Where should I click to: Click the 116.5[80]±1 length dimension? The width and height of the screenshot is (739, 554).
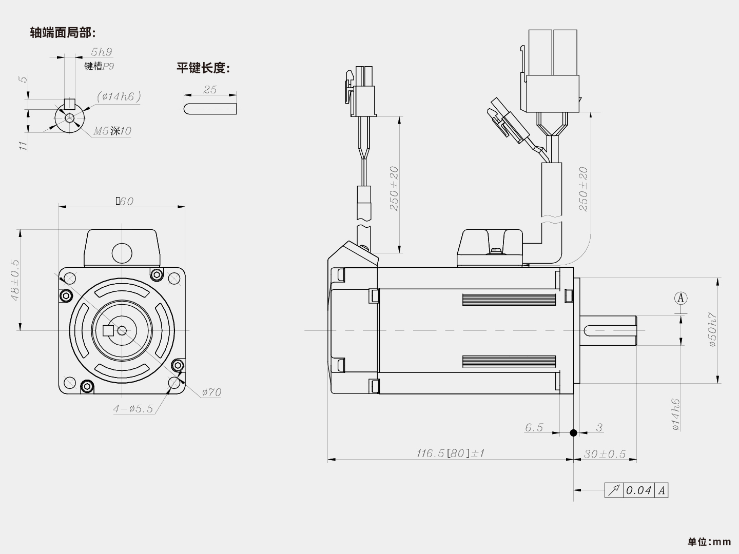pos(450,453)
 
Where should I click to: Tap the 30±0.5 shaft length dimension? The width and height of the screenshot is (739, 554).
pos(605,454)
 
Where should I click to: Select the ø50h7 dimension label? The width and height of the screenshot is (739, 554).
pos(713,330)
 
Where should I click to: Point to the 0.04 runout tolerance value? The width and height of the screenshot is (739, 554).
pos(638,490)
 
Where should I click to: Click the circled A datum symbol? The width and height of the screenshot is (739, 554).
pos(680,298)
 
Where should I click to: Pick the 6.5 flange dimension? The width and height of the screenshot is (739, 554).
pos(534,427)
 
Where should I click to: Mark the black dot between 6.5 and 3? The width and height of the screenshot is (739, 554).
pos(573,433)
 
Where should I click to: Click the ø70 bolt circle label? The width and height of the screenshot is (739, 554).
pos(211,392)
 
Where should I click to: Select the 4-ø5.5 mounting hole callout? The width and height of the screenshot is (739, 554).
pos(133,409)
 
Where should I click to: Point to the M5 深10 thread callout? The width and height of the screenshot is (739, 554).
pos(112,131)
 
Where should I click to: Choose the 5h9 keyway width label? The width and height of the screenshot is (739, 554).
pos(101,52)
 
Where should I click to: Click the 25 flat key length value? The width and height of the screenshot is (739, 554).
pos(210,89)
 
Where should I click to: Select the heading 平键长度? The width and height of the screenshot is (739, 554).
pos(203,68)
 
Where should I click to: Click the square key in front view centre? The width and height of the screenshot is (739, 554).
pos(108,330)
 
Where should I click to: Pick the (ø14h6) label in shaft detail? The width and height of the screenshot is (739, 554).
pos(119,96)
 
